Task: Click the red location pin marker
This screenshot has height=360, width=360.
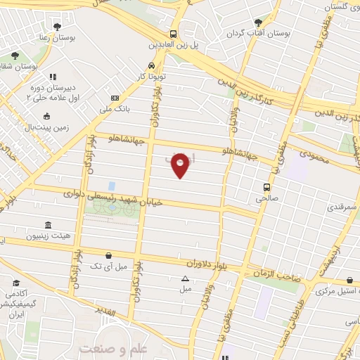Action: (x=181, y=165)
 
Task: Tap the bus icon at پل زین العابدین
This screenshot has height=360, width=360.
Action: (x=173, y=34)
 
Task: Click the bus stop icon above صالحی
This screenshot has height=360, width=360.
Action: (x=266, y=187)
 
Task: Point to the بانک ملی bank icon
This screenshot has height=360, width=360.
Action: (x=115, y=98)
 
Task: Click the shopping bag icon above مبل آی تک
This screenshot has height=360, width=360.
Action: (x=108, y=255)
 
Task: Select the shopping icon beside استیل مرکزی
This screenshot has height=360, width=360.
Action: (x=350, y=279)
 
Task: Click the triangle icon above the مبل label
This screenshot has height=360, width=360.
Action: (x=186, y=278)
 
